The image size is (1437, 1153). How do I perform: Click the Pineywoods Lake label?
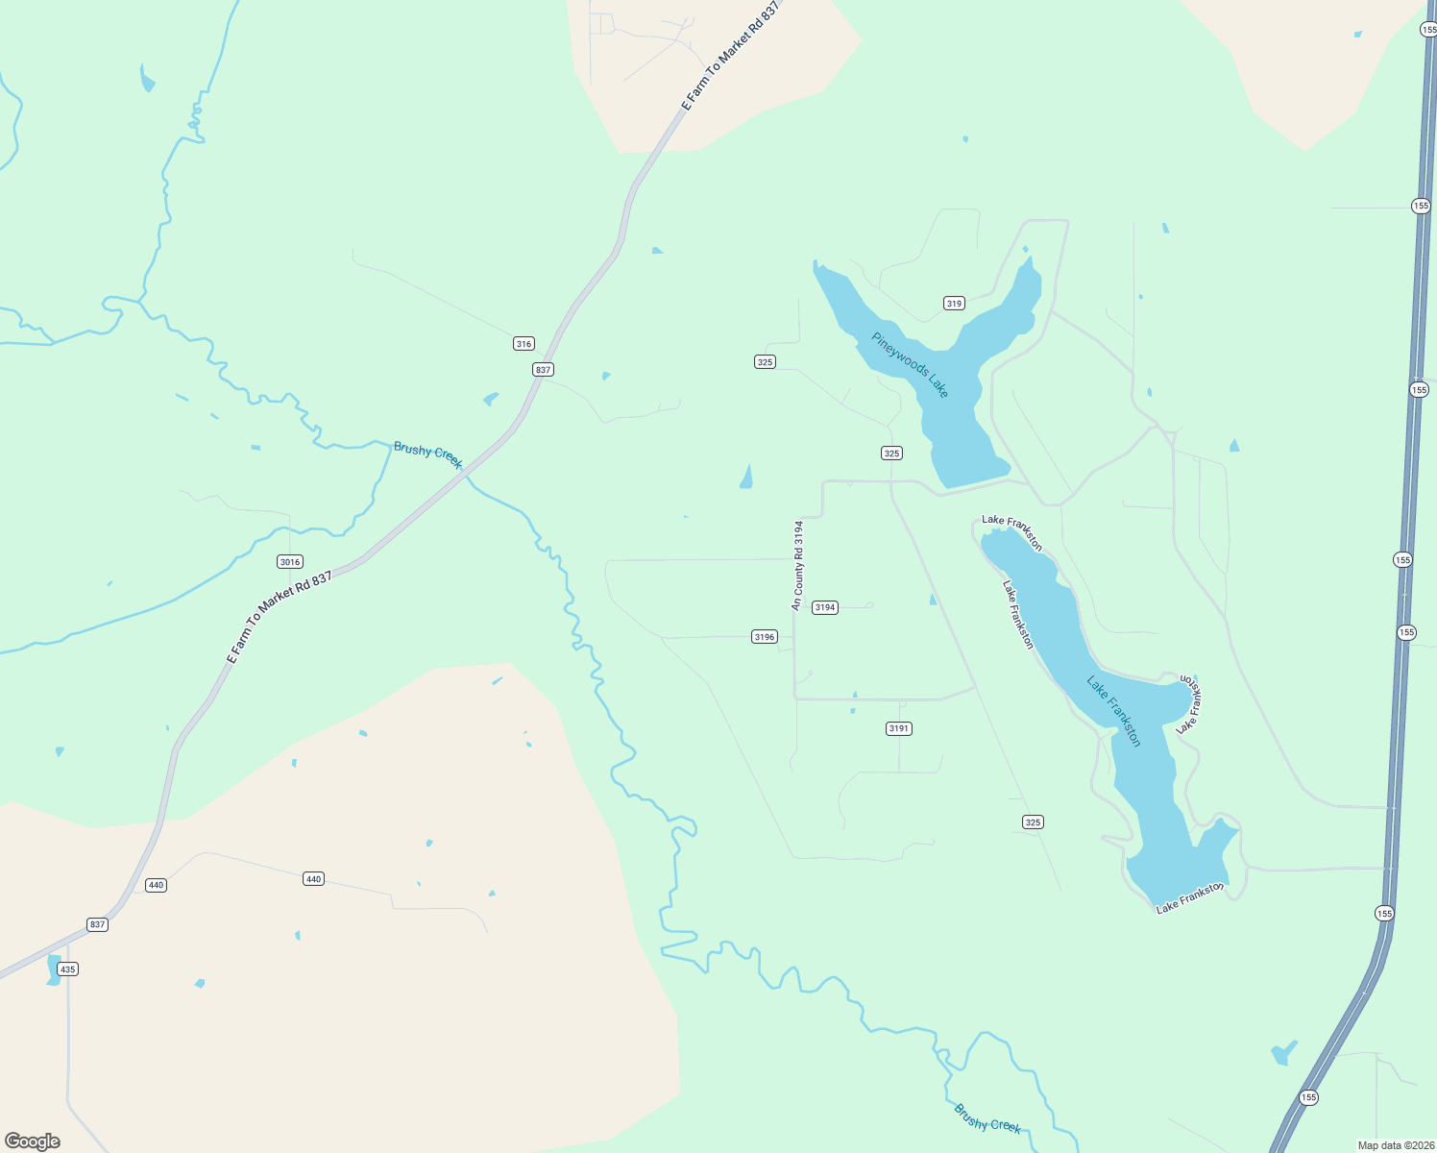pos(910,365)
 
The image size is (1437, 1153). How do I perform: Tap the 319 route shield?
pos(954,304)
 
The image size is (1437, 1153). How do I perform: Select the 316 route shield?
pos(524,344)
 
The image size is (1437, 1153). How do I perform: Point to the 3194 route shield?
pos(825,607)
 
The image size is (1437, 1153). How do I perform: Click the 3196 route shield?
pos(764,637)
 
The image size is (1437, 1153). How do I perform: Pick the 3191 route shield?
pos(898,728)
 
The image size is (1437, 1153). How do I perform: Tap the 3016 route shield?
pos(289,562)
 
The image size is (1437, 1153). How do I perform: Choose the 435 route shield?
pos(67,969)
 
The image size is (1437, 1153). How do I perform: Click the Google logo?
pos(33,1141)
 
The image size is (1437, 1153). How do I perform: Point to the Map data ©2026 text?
pos(1394,1145)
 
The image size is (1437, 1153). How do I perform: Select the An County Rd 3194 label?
pos(797,566)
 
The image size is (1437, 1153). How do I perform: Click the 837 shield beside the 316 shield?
pos(544,370)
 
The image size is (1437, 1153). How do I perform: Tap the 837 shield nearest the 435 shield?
pos(97,924)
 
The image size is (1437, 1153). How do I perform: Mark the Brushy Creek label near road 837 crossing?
pos(427,455)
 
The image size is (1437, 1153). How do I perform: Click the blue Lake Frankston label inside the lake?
pos(1113,711)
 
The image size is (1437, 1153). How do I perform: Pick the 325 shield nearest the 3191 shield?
pos(1033,822)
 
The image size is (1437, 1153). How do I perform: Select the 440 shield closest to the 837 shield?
pos(157,885)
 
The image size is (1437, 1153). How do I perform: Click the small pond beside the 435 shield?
pos(52,970)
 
